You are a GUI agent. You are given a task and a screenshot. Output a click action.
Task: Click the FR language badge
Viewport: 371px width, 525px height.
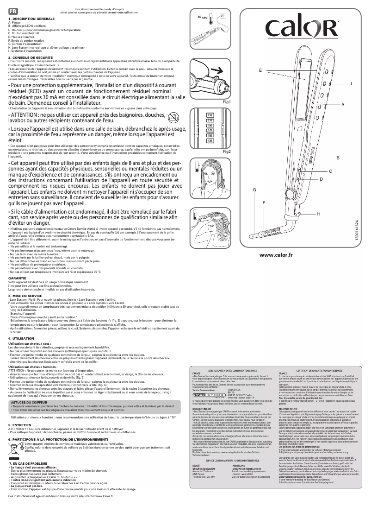pos(13,10)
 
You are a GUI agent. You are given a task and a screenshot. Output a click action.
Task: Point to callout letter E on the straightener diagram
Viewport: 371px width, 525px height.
pos(260,70)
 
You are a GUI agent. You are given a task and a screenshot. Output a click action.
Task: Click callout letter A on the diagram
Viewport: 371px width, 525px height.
pos(343,105)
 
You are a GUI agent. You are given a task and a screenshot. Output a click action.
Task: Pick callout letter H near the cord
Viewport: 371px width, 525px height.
pos(319,213)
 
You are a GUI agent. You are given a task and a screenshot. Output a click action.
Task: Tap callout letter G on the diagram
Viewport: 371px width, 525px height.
pos(254,190)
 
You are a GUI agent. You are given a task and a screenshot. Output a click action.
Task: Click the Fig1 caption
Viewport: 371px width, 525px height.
pos(226,101)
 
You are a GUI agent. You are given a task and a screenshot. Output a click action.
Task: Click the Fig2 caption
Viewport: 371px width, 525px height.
pos(226,152)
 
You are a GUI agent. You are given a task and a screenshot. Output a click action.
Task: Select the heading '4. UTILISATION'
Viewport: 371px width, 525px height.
pos(22,339)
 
